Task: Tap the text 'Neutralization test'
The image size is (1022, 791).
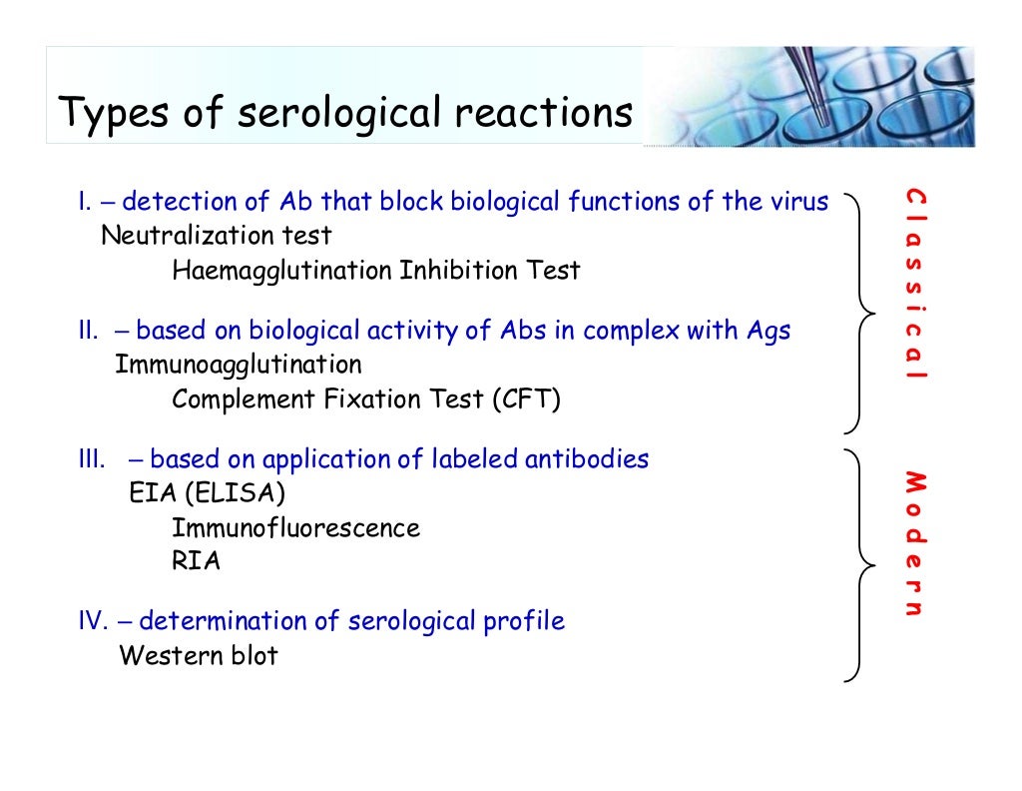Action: coord(217,237)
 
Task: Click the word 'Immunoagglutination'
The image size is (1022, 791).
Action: coord(239,365)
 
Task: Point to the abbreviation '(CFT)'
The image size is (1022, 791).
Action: coord(526,399)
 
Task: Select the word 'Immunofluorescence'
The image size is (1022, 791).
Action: coord(295,528)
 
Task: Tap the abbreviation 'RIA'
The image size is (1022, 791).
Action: coord(196,561)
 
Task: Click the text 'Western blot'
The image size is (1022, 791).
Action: coord(199,656)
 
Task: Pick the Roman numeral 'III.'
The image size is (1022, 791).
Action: coord(92,460)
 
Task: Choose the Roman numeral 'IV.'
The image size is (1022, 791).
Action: coord(93,622)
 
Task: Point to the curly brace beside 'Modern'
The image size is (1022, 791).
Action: coord(860,565)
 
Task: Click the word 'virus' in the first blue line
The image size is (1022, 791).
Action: coord(799,203)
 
